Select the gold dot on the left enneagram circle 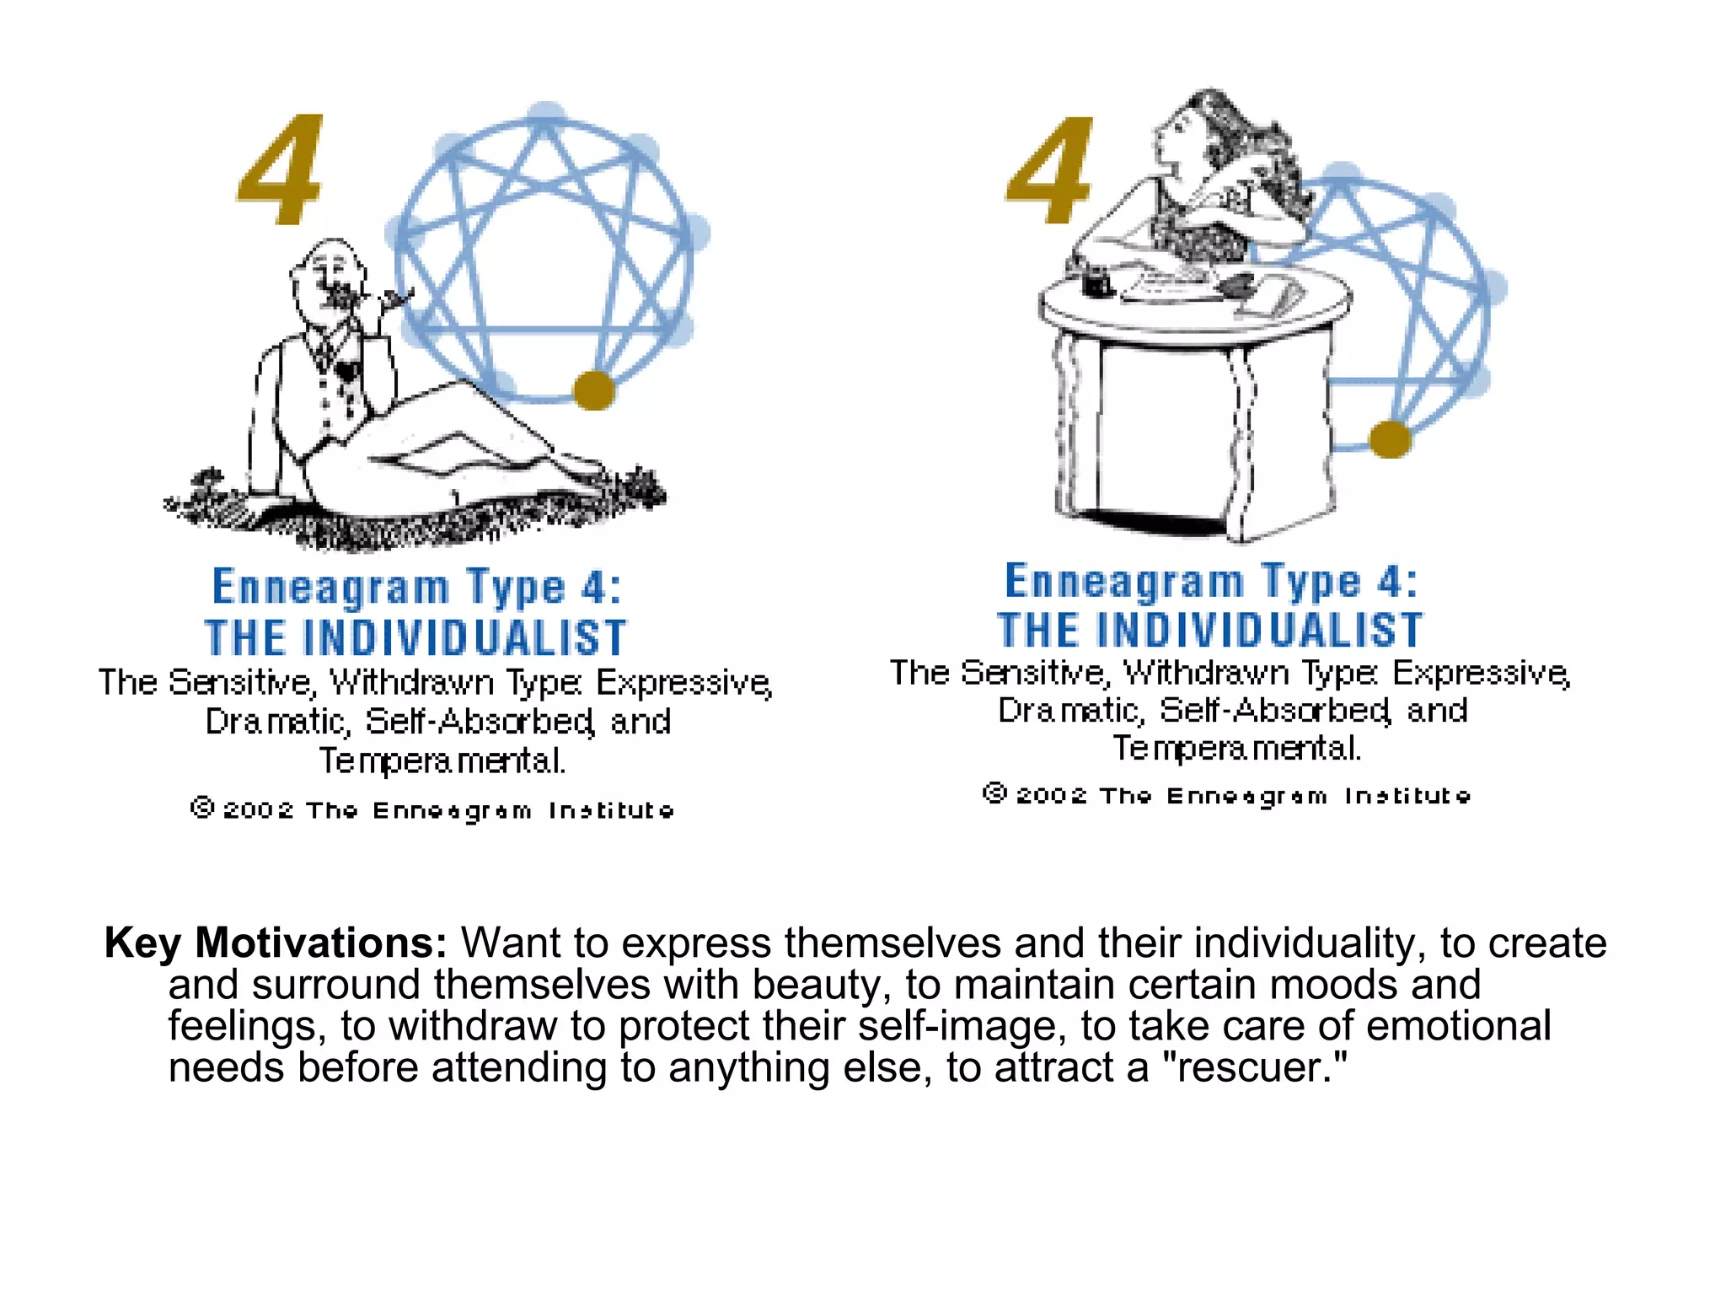(x=593, y=390)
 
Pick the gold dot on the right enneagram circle (x=1390, y=439)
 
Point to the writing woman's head (x=1184, y=126)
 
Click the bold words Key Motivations (x=276, y=943)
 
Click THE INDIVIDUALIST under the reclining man (x=415, y=637)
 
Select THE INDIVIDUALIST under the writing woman (x=1210, y=631)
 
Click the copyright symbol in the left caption (x=202, y=808)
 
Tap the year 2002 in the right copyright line (x=1051, y=796)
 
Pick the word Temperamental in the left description (x=442, y=761)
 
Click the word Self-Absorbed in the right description (x=1274, y=711)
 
